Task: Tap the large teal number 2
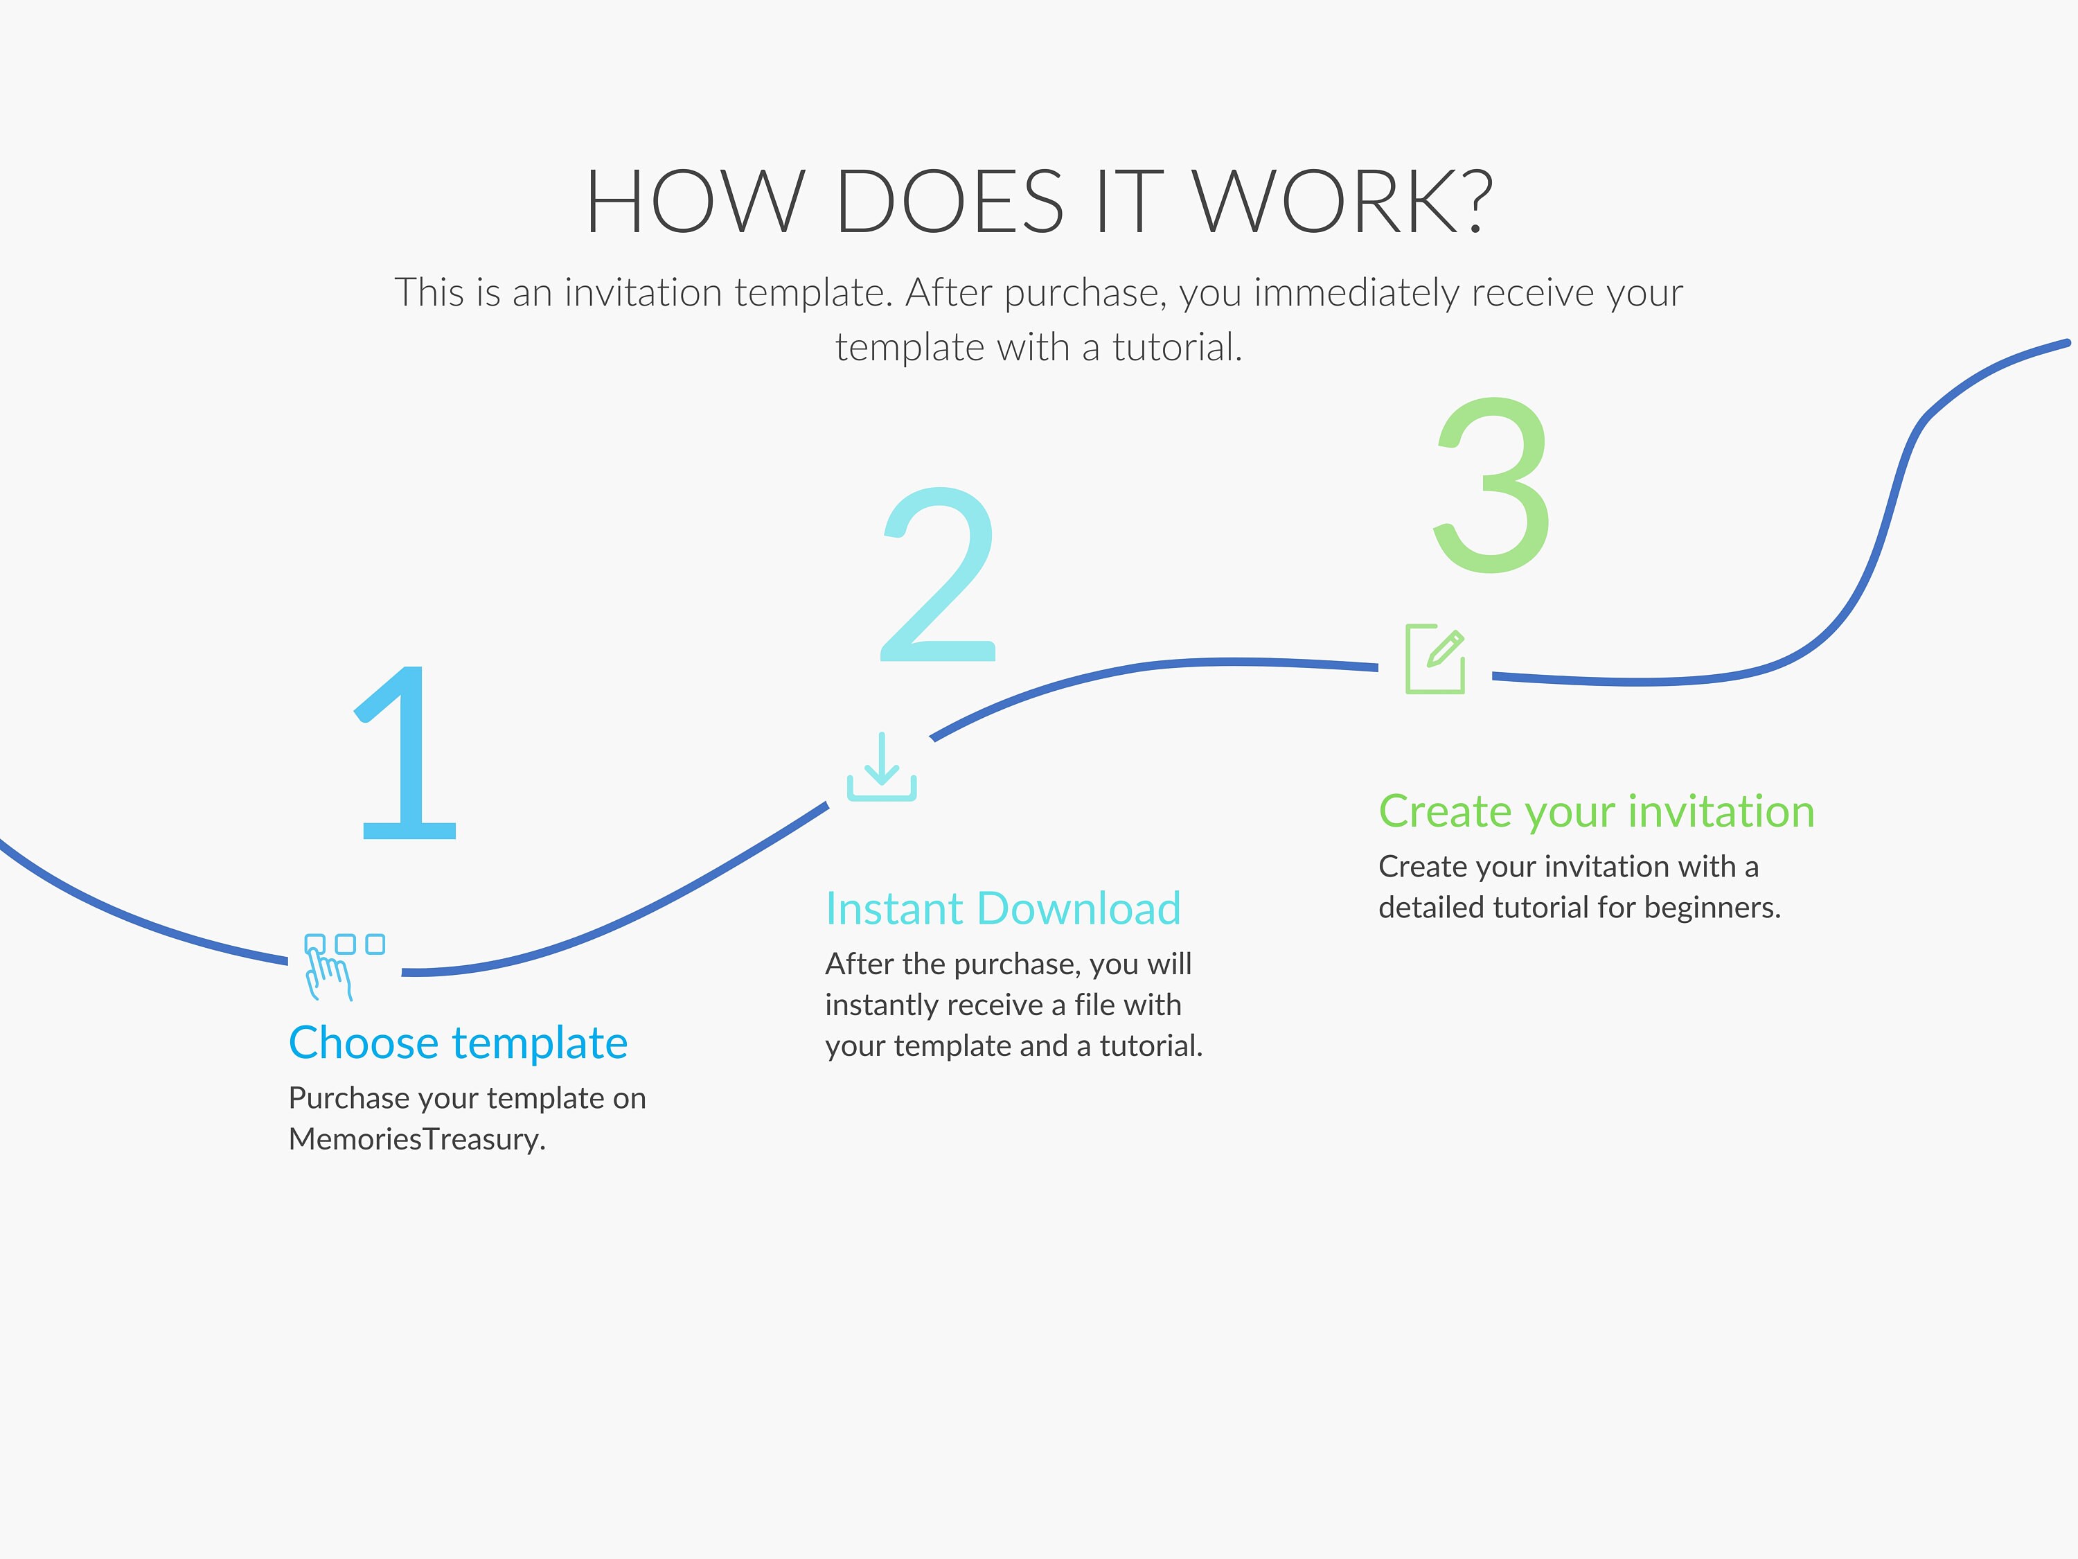939,574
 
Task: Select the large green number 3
1492,485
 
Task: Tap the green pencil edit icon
1435,659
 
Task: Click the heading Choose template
459,1043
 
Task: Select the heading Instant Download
1003,908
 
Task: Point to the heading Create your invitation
1596,811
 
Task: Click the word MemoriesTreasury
416,1139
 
